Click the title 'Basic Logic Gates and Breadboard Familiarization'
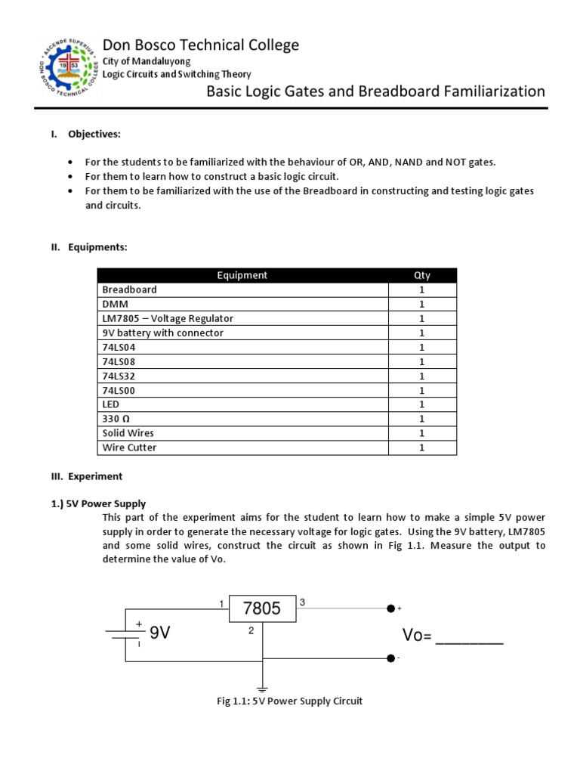click(x=375, y=91)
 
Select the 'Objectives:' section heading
click(x=94, y=134)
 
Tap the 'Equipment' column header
click(x=242, y=275)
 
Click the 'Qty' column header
click(x=422, y=275)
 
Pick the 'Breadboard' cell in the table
click(x=130, y=289)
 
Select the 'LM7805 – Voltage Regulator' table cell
click(x=168, y=318)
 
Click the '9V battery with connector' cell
click(x=163, y=333)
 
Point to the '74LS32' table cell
click(x=119, y=376)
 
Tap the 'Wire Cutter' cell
click(x=130, y=447)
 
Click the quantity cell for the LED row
click(x=422, y=404)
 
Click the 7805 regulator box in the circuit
click(x=261, y=608)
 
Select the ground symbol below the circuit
click(x=261, y=689)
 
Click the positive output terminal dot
click(x=390, y=608)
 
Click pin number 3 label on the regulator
click(x=302, y=602)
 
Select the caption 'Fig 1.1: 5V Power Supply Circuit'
click(x=289, y=701)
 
